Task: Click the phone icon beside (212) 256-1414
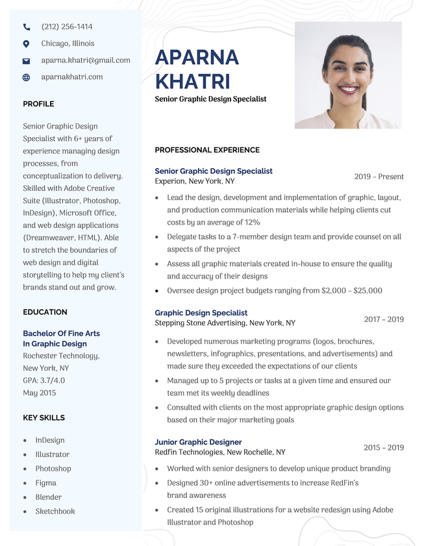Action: pos(27,27)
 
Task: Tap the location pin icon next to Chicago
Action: pos(27,43)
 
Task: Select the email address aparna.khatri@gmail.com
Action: pos(85,60)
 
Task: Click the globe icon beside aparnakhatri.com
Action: pos(27,77)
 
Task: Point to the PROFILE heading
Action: pos(38,104)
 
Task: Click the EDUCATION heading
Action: pos(45,312)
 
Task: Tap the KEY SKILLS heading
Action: pos(43,418)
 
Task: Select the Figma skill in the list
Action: pos(45,483)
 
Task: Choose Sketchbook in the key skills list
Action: pos(55,512)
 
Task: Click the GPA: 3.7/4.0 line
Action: pos(43,380)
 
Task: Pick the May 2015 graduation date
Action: pos(39,393)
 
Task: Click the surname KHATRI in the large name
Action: pos(192,82)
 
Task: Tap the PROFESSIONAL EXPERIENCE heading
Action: pos(207,150)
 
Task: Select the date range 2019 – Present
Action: pos(379,177)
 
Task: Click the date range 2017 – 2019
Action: pos(384,319)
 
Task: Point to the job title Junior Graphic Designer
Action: pos(198,442)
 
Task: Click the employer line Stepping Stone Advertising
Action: pos(225,323)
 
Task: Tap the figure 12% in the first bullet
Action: pos(252,223)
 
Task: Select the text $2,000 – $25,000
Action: pos(351,291)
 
